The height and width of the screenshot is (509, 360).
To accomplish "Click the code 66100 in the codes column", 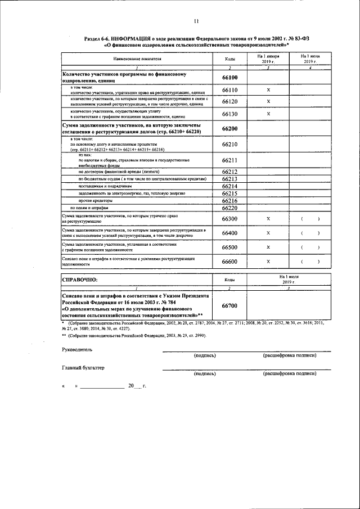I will coord(229,78).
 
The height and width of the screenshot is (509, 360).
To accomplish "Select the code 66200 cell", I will coord(229,128).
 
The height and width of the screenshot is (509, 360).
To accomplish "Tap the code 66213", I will coord(229,179).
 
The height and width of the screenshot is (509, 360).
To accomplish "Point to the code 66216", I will coord(229,200).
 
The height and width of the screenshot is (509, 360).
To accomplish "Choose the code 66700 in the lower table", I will coord(229,305).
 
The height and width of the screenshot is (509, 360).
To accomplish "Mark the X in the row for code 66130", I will coord(268,114).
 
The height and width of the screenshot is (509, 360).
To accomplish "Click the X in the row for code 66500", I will coord(268,247).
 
